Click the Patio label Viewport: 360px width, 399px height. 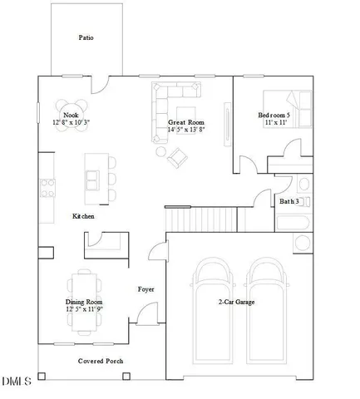[85, 37]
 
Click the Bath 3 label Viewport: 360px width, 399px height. [288, 201]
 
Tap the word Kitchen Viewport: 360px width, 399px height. [83, 216]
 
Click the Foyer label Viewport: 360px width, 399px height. [146, 289]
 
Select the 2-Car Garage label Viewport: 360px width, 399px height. [236, 302]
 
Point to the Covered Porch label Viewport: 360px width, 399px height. [101, 361]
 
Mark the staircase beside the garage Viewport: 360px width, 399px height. [200, 220]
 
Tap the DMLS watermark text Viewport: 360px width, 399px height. [16, 382]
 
